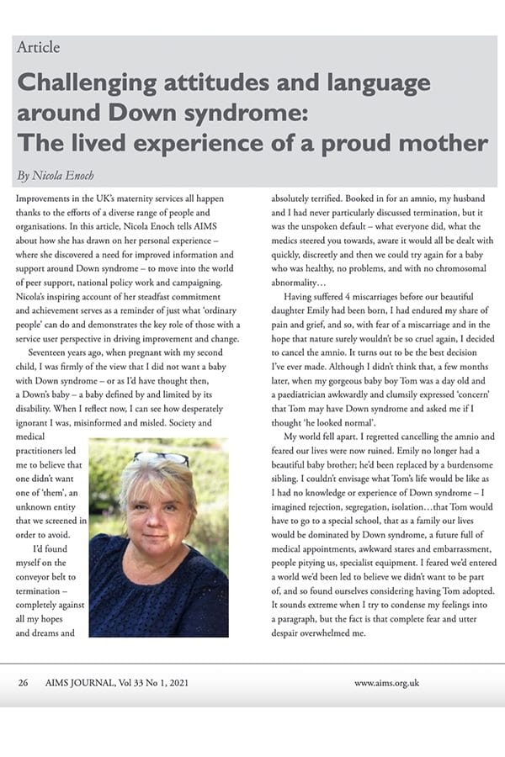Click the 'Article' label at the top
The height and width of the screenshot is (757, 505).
point(38,47)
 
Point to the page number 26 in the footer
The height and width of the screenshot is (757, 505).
point(24,683)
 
